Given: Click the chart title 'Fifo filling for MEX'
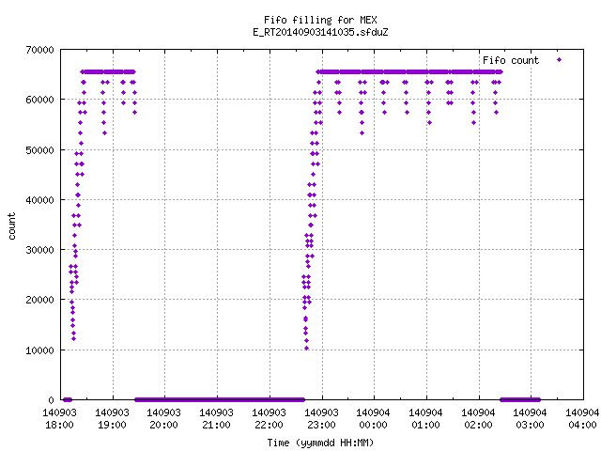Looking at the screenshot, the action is [320, 20].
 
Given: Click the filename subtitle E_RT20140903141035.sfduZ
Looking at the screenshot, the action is [320, 32].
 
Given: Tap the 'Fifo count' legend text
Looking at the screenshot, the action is [511, 60].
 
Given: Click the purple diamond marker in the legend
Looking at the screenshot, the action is [560, 59].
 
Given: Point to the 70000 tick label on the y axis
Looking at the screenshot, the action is [39, 50].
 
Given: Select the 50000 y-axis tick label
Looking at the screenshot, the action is [39, 150].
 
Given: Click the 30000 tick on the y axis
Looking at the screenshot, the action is [39, 250].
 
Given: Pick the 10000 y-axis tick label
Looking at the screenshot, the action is [39, 350].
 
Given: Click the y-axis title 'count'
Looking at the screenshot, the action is [11, 226].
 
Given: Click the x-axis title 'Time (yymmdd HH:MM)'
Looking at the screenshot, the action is [320, 443].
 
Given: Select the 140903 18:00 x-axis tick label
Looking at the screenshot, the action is [59, 418].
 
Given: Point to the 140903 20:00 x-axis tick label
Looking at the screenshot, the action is [163, 418].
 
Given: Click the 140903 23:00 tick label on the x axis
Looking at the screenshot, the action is [321, 418].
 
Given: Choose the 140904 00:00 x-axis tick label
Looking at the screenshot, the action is [374, 418].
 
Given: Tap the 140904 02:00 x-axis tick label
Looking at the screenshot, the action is [478, 418].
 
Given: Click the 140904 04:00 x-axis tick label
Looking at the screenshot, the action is [582, 418].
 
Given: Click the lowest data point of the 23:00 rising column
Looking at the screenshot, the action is [307, 349].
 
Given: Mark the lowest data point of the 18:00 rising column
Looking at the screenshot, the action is [73, 338].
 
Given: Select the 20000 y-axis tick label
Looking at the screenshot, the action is [39, 300].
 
